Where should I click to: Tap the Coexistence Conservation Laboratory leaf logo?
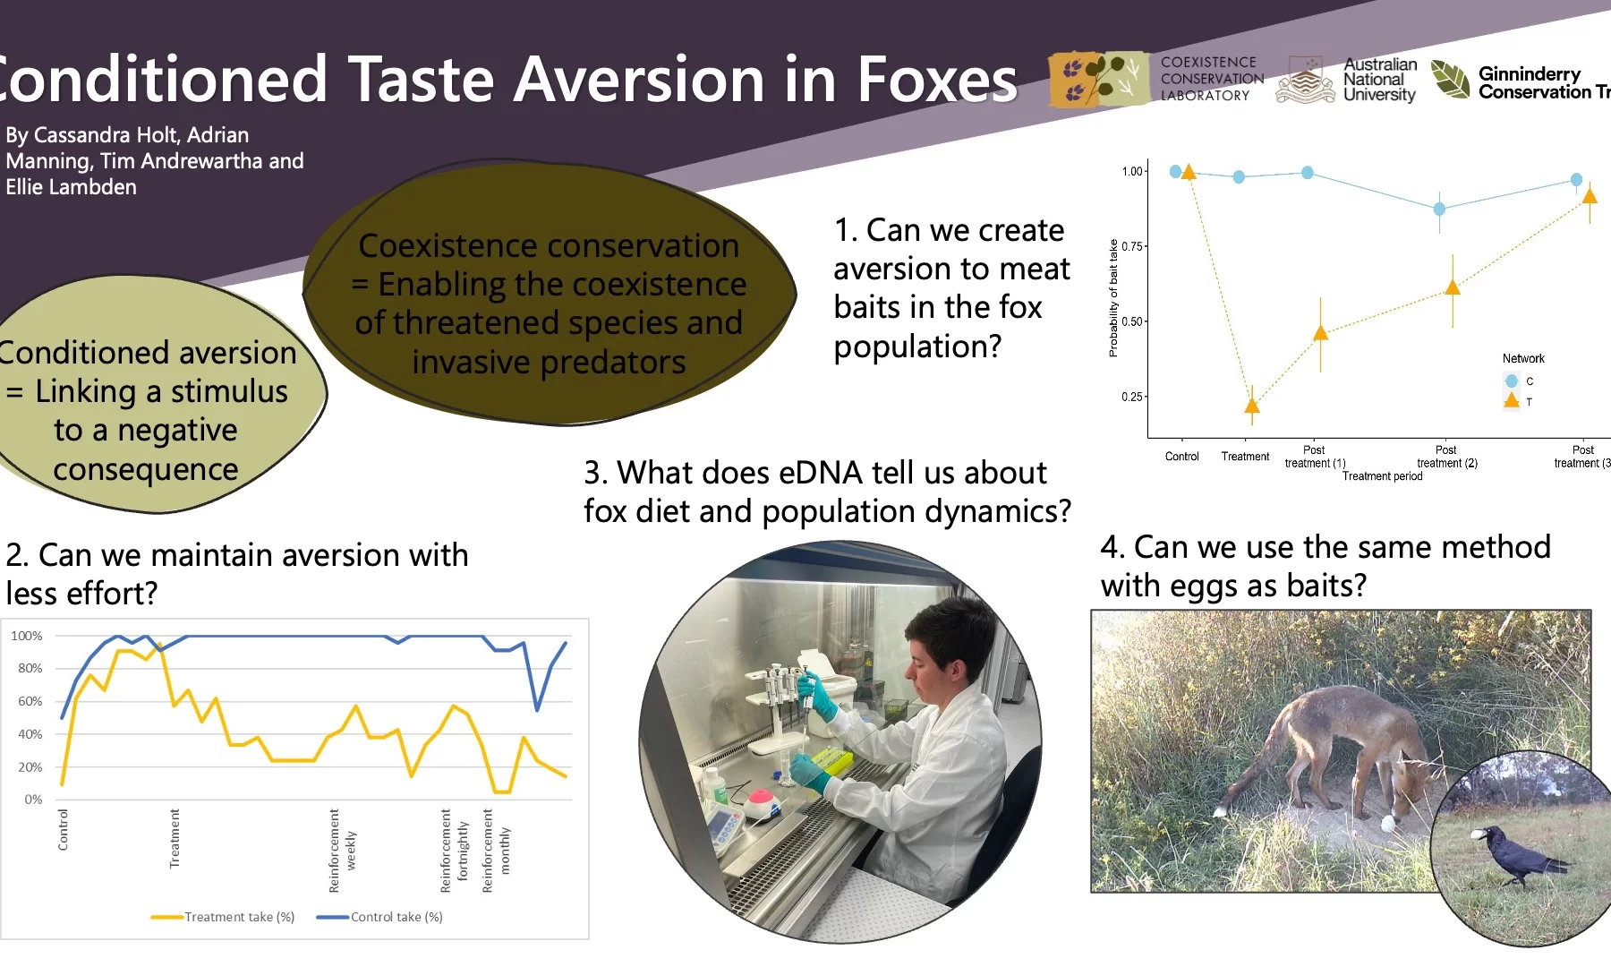(x=1099, y=79)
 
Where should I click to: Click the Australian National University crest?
(x=1305, y=80)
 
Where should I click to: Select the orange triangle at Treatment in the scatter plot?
(x=1252, y=406)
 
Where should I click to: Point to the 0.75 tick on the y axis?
(x=1132, y=246)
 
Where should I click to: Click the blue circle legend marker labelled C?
(x=1512, y=381)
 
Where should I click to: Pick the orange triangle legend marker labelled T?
(x=1512, y=400)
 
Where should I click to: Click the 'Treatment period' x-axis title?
(x=1382, y=476)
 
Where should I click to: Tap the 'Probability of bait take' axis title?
(x=1113, y=298)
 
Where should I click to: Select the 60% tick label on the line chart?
(x=30, y=701)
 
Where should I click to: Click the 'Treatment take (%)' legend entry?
(x=223, y=917)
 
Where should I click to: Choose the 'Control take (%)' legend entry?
(x=380, y=917)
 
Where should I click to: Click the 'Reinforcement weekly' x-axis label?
(x=342, y=851)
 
